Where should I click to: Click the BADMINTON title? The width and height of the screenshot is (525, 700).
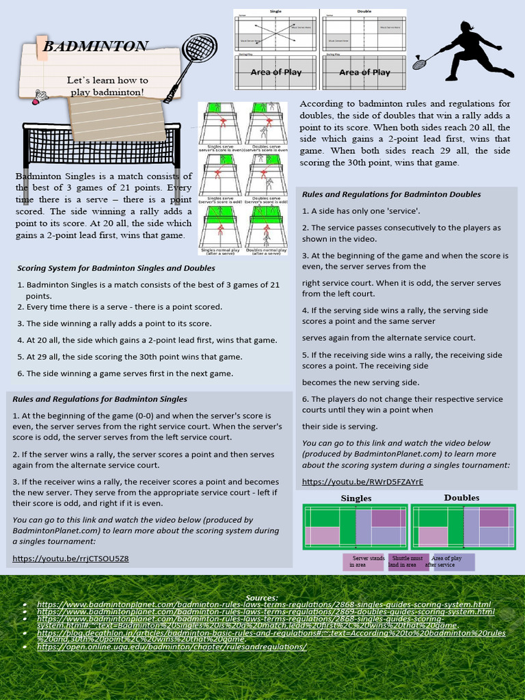coord(95,47)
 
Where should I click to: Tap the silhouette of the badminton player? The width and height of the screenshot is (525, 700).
coord(473,52)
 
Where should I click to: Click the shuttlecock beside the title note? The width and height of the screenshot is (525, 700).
coord(40,96)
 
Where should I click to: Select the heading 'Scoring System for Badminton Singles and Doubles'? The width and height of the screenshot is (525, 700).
coord(116,269)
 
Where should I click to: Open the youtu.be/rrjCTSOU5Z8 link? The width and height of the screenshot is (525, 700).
coord(70,558)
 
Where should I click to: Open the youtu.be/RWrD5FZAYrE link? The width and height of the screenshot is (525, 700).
coord(363,482)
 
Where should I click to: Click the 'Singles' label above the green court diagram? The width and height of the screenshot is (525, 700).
coord(356,498)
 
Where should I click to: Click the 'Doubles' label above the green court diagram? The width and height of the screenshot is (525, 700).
coord(461,498)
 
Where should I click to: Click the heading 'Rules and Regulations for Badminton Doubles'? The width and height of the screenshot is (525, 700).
coord(392,195)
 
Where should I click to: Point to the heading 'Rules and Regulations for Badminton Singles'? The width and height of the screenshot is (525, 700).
coord(100,399)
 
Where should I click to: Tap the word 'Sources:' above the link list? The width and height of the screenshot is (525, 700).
coord(262,598)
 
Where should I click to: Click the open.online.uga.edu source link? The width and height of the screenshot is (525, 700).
coord(172,646)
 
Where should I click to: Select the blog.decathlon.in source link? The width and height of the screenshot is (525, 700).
coord(271,636)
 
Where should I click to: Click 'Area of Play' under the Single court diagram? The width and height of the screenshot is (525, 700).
coord(276,72)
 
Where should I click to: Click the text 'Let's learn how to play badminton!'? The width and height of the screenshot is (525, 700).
coord(107,86)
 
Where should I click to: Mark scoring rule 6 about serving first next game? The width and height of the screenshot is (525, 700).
coord(125,373)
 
